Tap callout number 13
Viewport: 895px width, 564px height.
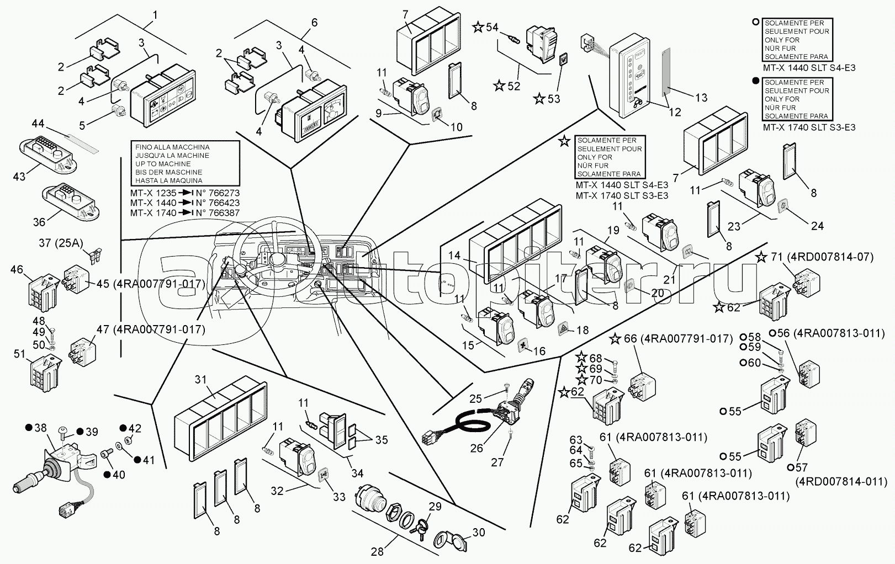click(x=701, y=98)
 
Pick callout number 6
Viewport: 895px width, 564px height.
click(x=314, y=23)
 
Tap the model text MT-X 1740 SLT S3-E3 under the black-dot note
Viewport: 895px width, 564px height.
click(x=809, y=127)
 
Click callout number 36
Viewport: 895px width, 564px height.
click(x=39, y=222)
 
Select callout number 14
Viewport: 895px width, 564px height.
click(x=454, y=256)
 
